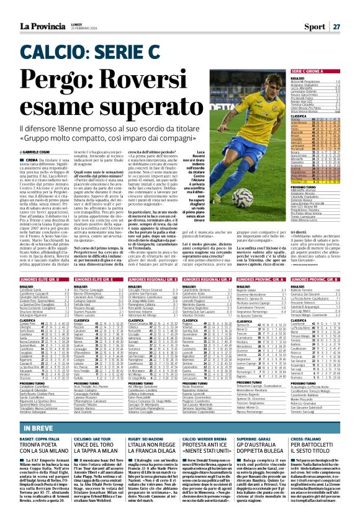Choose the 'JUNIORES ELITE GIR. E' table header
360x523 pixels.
[x=93, y=263]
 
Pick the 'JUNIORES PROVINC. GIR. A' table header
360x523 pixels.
[x=264, y=263]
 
